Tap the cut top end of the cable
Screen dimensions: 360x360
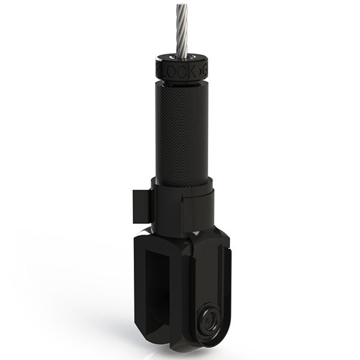point(182,6)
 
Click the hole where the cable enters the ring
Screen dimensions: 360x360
point(182,58)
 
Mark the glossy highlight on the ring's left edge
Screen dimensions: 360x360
point(158,68)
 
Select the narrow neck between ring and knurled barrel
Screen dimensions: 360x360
point(182,80)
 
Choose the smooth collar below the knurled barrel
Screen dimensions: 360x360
point(183,207)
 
